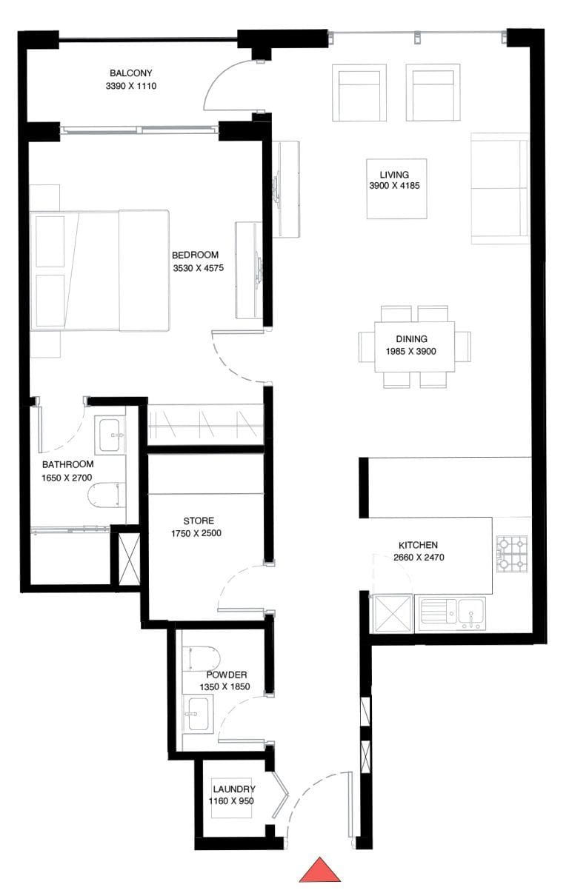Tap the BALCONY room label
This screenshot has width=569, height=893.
[x=131, y=73]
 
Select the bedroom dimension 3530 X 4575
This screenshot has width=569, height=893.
[x=195, y=268]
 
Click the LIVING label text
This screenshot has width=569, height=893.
[x=394, y=174]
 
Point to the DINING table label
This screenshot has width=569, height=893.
[x=410, y=339]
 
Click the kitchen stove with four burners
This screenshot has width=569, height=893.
[x=512, y=554]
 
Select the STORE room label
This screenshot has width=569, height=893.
[x=199, y=521]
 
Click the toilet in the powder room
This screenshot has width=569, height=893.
[x=205, y=658]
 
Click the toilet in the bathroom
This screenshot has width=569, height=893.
[x=105, y=495]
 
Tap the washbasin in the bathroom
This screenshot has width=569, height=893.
[x=111, y=433]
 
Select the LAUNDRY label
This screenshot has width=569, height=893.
[x=234, y=789]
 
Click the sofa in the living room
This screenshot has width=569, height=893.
[x=500, y=189]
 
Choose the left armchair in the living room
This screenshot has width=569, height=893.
[x=359, y=93]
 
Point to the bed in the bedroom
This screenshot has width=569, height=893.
[x=101, y=270]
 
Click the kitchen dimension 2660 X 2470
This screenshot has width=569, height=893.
[x=419, y=558]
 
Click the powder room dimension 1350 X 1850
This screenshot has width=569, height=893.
[x=224, y=686]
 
